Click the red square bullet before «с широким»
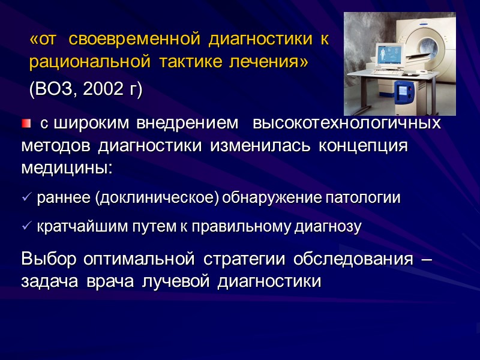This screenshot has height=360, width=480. [x=26, y=124]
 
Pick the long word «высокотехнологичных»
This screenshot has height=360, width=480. [x=347, y=124]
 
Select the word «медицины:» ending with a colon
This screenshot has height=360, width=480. [x=66, y=168]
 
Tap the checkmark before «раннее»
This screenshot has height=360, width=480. [x=26, y=198]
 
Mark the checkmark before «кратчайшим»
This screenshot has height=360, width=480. [x=26, y=227]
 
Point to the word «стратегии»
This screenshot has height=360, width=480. [x=241, y=260]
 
